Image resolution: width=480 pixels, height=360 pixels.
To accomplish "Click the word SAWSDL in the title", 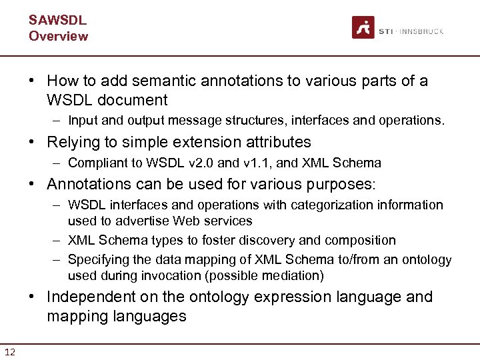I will pos(57,20).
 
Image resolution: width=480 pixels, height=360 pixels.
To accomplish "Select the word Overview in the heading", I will pos(58,36).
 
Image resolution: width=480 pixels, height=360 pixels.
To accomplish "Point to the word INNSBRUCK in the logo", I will pos(421,31).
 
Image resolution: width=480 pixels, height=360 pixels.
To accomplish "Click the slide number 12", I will pos(10,351).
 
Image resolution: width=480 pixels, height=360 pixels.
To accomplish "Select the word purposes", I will pos(335,184).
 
